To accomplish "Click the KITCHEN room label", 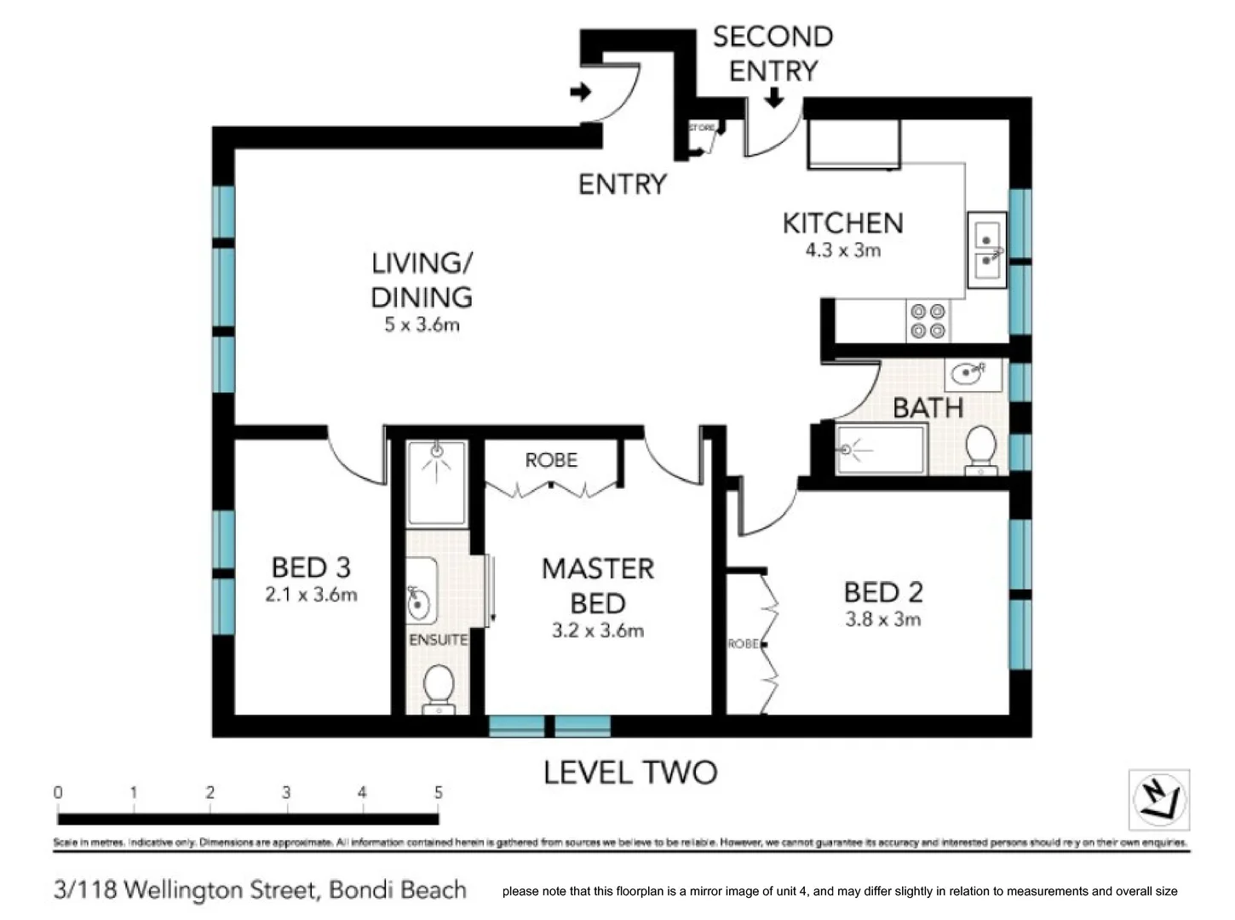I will point(842,223).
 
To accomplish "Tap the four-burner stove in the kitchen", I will point(928,321).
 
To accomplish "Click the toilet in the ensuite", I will point(439,686).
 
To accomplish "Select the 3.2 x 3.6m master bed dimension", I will point(598,631).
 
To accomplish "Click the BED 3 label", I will point(311,567).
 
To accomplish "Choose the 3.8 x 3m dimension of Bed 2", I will point(883,619).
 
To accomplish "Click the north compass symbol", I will point(1158,800).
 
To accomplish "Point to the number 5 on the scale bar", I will point(438,793).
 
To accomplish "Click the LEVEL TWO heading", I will point(630,773).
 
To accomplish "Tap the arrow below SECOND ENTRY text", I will point(773,99).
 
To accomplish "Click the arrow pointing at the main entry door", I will point(581,91).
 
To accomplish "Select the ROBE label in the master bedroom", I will point(551,461).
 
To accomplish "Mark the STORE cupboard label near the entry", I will point(702,128).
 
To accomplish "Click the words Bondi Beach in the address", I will point(398,890).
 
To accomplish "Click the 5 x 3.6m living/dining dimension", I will point(422,325).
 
